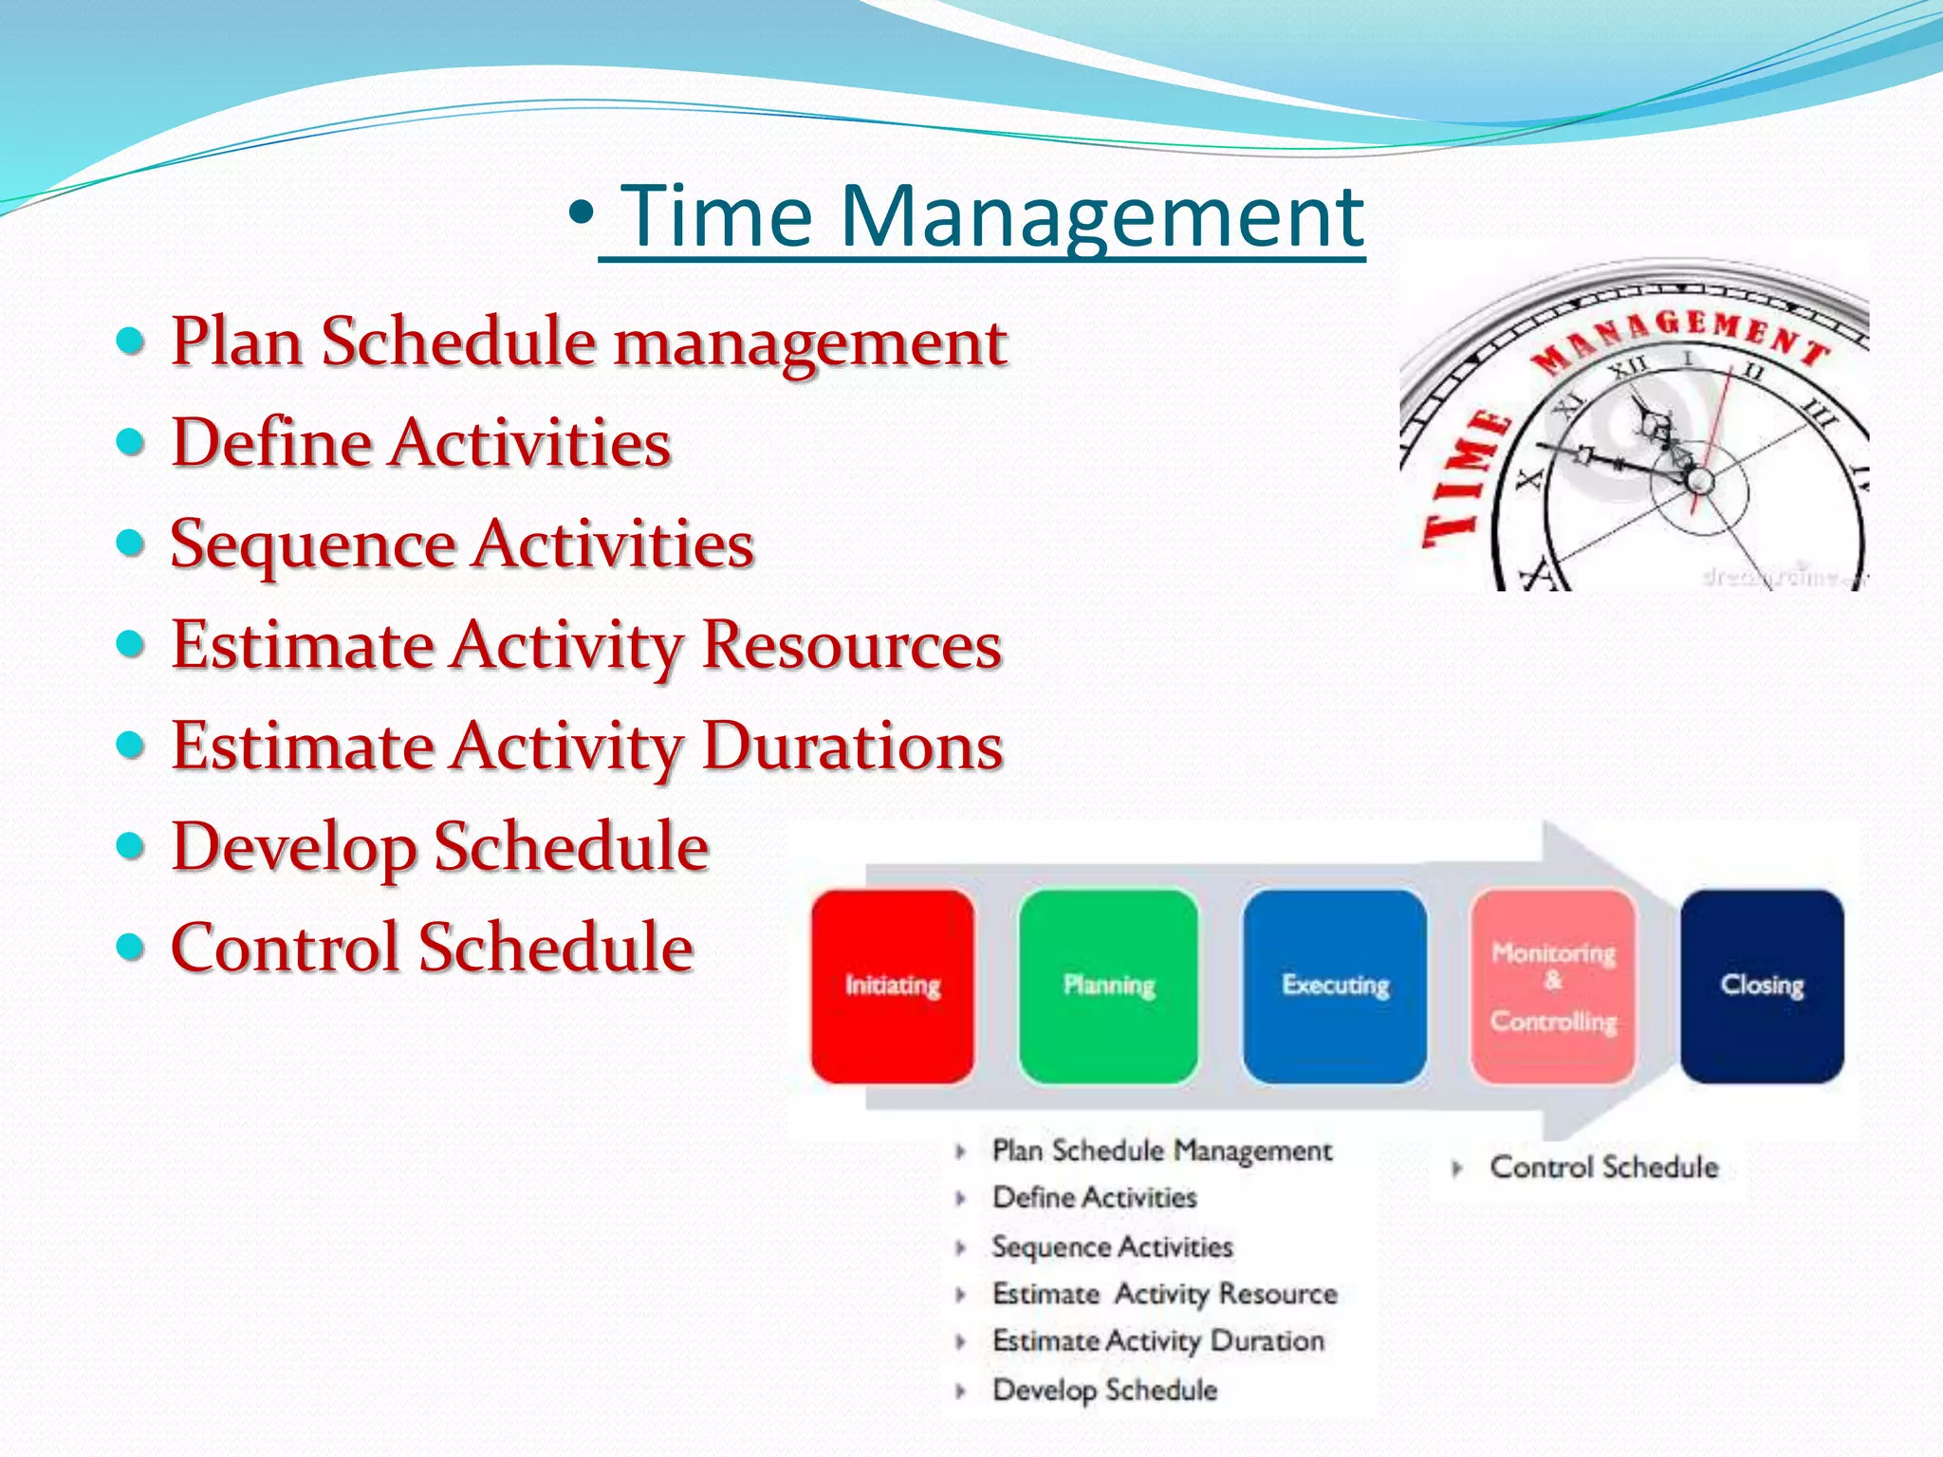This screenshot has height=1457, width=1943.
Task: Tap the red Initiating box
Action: tap(893, 987)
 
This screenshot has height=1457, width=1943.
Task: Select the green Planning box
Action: tap(1108, 987)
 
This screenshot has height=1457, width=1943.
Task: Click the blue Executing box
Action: tap(1335, 987)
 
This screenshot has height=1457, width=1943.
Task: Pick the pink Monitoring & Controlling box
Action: tap(1553, 987)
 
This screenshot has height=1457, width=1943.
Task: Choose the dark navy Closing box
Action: tap(1762, 987)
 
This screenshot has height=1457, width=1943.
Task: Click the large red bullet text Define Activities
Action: tap(420, 443)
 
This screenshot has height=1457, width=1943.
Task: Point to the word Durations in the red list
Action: tap(852, 747)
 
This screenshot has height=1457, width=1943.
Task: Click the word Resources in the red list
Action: tap(852, 645)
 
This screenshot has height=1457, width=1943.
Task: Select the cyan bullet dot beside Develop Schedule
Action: tap(130, 845)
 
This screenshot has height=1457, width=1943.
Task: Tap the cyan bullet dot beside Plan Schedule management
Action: tap(130, 340)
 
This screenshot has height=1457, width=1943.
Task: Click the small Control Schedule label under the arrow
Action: tap(1603, 1167)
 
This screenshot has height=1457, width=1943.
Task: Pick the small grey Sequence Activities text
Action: tap(1112, 1246)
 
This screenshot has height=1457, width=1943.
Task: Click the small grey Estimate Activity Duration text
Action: tap(1157, 1341)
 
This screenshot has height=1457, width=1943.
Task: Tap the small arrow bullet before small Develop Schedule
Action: tap(960, 1392)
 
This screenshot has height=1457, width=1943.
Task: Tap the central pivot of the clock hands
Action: tap(1700, 481)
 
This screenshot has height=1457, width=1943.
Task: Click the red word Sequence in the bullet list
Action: tap(313, 545)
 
